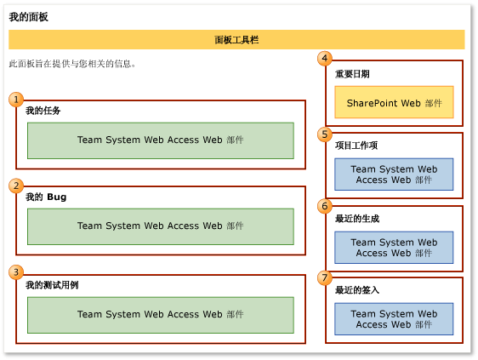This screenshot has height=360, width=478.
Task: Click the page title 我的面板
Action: point(29,17)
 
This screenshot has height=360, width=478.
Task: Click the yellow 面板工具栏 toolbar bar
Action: point(236,39)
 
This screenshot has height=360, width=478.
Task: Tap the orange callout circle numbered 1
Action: point(16,100)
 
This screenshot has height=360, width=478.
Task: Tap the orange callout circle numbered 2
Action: point(16,186)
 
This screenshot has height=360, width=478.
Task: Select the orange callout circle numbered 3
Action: point(16,272)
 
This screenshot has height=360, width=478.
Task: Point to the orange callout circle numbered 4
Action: point(324,59)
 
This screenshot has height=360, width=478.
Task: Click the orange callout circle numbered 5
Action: point(324,134)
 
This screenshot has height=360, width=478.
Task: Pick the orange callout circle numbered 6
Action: point(324,206)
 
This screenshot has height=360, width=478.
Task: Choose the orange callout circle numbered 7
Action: point(324,277)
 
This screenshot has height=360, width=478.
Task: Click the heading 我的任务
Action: point(43,111)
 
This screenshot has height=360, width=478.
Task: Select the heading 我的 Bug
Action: point(46,197)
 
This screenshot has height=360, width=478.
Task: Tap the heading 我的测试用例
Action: point(52,284)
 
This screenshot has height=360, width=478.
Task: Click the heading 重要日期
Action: point(352,74)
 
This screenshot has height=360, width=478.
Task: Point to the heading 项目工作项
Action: point(356,146)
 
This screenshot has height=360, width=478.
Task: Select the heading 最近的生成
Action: point(356,219)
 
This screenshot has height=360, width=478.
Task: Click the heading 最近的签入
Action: point(356,290)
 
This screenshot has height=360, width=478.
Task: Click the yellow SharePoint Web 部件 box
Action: point(394,102)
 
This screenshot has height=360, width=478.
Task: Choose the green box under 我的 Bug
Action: point(160,226)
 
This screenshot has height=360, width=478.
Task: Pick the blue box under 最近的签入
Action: point(394,319)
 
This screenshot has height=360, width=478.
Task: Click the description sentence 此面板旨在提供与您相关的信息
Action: point(72,64)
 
